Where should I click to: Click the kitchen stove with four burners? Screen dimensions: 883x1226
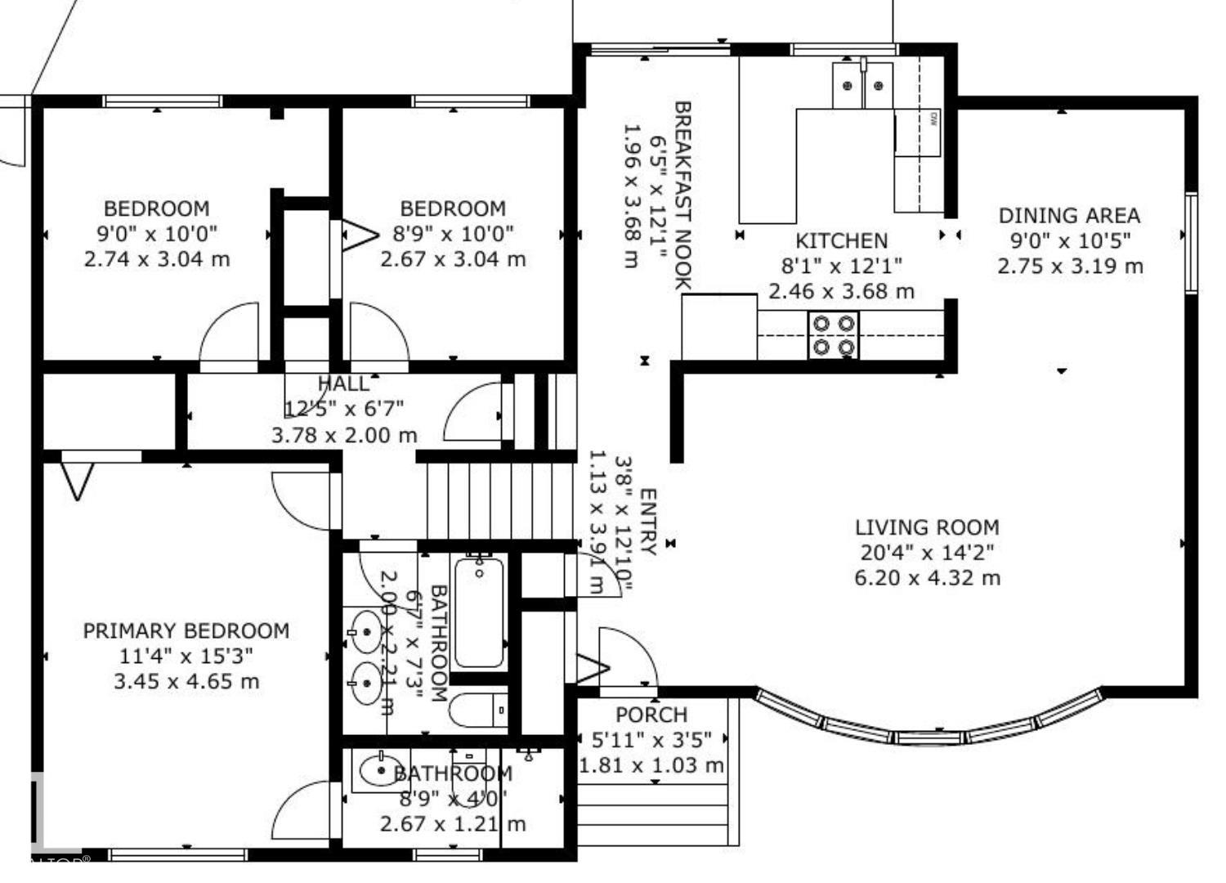pyautogui.click(x=833, y=335)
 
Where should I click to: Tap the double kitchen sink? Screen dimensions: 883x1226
pyautogui.click(x=862, y=85)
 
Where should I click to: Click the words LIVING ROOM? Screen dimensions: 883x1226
pyautogui.click(x=927, y=527)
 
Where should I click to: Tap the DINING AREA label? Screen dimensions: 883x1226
pyautogui.click(x=1069, y=216)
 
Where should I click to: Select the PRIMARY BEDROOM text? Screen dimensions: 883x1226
pyautogui.click(x=186, y=631)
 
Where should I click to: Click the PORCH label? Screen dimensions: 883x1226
pyautogui.click(x=651, y=715)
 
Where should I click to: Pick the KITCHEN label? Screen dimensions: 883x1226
pyautogui.click(x=841, y=241)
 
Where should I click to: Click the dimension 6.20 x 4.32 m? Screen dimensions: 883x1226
pyautogui.click(x=927, y=578)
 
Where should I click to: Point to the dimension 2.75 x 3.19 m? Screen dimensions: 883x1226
pyautogui.click(x=1069, y=267)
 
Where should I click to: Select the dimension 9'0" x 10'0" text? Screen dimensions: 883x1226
pyautogui.click(x=157, y=234)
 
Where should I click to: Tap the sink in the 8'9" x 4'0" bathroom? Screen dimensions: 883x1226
pyautogui.click(x=378, y=771)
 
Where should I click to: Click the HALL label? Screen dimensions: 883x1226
pyautogui.click(x=343, y=383)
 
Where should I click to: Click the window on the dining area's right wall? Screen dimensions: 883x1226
pyautogui.click(x=1191, y=242)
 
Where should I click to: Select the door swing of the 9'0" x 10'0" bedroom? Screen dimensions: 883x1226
pyautogui.click(x=229, y=335)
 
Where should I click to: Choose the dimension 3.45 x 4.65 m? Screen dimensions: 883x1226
pyautogui.click(x=186, y=681)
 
